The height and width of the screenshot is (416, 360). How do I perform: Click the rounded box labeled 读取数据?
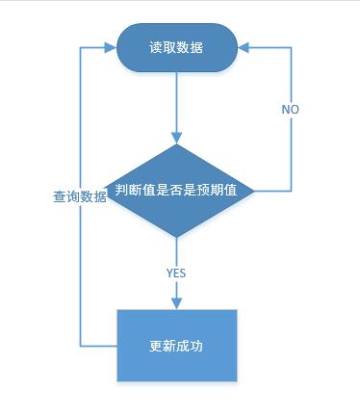(176, 45)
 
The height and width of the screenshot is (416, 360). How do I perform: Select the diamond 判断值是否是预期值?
(177, 190)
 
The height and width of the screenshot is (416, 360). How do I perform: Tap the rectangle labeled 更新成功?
(176, 345)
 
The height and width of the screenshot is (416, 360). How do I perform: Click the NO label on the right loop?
(290, 110)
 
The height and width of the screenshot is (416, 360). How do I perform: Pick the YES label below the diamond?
(176, 273)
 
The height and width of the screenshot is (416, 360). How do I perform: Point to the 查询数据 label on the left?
(80, 196)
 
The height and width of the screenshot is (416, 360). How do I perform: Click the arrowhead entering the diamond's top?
(177, 138)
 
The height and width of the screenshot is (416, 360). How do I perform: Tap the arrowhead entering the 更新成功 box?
(177, 303)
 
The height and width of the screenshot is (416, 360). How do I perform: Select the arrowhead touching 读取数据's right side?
(244, 45)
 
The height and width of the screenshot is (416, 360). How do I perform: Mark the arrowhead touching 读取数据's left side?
(110, 45)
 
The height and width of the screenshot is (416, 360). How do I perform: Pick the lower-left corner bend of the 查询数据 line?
(79, 345)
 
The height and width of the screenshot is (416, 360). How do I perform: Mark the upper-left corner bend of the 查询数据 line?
(79, 45)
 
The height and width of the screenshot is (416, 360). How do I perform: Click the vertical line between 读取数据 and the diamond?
(177, 101)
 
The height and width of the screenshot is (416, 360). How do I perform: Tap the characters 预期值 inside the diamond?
(231, 190)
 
